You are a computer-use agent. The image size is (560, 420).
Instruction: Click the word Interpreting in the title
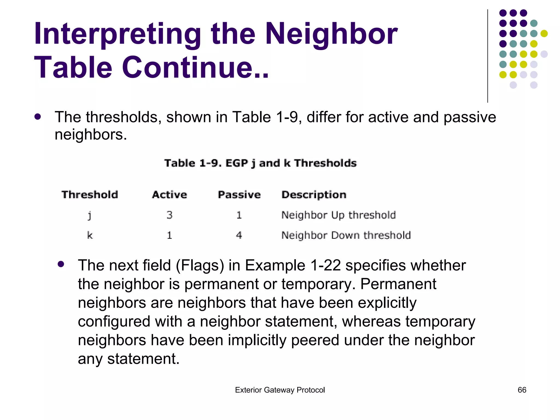pos(118,34)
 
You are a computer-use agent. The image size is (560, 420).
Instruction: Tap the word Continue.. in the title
pos(195,68)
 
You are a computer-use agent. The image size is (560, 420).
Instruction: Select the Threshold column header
pos(90,195)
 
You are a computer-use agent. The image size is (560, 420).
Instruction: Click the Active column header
pos(170,195)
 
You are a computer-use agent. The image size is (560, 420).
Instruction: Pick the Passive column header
pos(239,195)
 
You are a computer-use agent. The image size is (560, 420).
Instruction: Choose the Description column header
pos(314,195)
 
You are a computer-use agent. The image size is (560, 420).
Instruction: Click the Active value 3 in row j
pos(170,215)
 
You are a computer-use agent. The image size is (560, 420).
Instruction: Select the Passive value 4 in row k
pos(239,235)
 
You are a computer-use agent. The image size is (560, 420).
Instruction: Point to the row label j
pos(89,215)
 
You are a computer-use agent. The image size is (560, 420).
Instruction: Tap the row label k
pos(90,235)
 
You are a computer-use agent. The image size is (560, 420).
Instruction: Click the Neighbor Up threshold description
pos(339,215)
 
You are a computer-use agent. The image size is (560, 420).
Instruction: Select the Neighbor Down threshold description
pos(346,235)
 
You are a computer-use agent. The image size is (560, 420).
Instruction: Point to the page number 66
pos(522,390)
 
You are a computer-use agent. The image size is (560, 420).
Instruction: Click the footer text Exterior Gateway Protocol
pos(280,390)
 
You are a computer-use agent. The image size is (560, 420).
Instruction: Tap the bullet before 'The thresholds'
pos(38,117)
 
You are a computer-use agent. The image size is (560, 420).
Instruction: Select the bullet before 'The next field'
pos(61,264)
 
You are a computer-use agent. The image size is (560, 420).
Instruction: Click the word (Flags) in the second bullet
pos(200,266)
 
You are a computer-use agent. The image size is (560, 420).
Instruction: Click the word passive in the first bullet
pos(469,118)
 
